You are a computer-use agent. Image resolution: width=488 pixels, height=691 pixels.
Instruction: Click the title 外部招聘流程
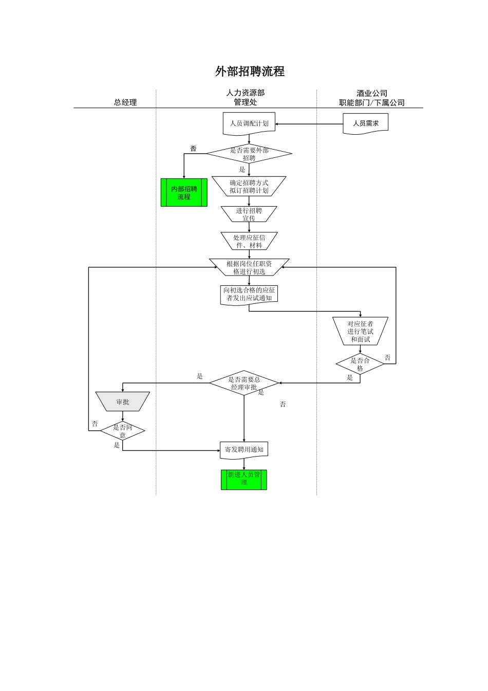pyautogui.click(x=250, y=71)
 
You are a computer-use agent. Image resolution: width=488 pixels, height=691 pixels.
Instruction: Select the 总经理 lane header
pyautogui.click(x=125, y=102)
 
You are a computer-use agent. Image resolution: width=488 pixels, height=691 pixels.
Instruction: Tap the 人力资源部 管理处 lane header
pyautogui.click(x=246, y=97)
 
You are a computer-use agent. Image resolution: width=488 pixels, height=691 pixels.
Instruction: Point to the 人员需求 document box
pyautogui.click(x=365, y=123)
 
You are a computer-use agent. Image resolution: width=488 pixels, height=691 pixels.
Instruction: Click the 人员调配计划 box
pyautogui.click(x=249, y=123)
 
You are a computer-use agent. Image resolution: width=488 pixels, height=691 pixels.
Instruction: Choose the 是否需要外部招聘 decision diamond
pyautogui.click(x=249, y=154)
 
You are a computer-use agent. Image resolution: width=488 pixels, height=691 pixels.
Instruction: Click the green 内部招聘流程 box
pyautogui.click(x=184, y=193)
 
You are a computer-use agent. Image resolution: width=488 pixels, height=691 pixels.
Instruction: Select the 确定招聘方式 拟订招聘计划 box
pyautogui.click(x=249, y=187)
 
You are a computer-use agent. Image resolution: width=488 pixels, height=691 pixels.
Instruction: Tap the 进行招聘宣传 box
pyautogui.click(x=249, y=214)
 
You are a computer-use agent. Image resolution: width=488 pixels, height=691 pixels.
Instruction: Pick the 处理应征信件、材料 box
pyautogui.click(x=249, y=241)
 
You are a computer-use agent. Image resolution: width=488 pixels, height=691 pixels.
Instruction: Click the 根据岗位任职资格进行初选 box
pyautogui.click(x=249, y=267)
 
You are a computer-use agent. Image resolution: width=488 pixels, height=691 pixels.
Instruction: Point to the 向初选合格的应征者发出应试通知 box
pyautogui.click(x=249, y=294)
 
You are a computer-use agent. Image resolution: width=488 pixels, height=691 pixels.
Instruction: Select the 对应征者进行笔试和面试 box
pyautogui.click(x=360, y=331)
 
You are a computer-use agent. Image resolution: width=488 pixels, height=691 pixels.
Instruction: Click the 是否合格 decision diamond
pyautogui.click(x=360, y=364)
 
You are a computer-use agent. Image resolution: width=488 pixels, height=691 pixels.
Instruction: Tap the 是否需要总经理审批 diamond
pyautogui.click(x=244, y=383)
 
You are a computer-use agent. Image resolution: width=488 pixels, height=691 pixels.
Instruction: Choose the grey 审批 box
pyautogui.click(x=123, y=402)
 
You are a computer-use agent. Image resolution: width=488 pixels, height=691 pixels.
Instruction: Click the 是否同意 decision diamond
pyautogui.click(x=123, y=431)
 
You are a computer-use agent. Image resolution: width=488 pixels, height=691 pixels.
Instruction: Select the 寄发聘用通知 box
pyautogui.click(x=244, y=450)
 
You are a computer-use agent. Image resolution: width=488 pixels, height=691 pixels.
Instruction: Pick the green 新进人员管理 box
pyautogui.click(x=244, y=480)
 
